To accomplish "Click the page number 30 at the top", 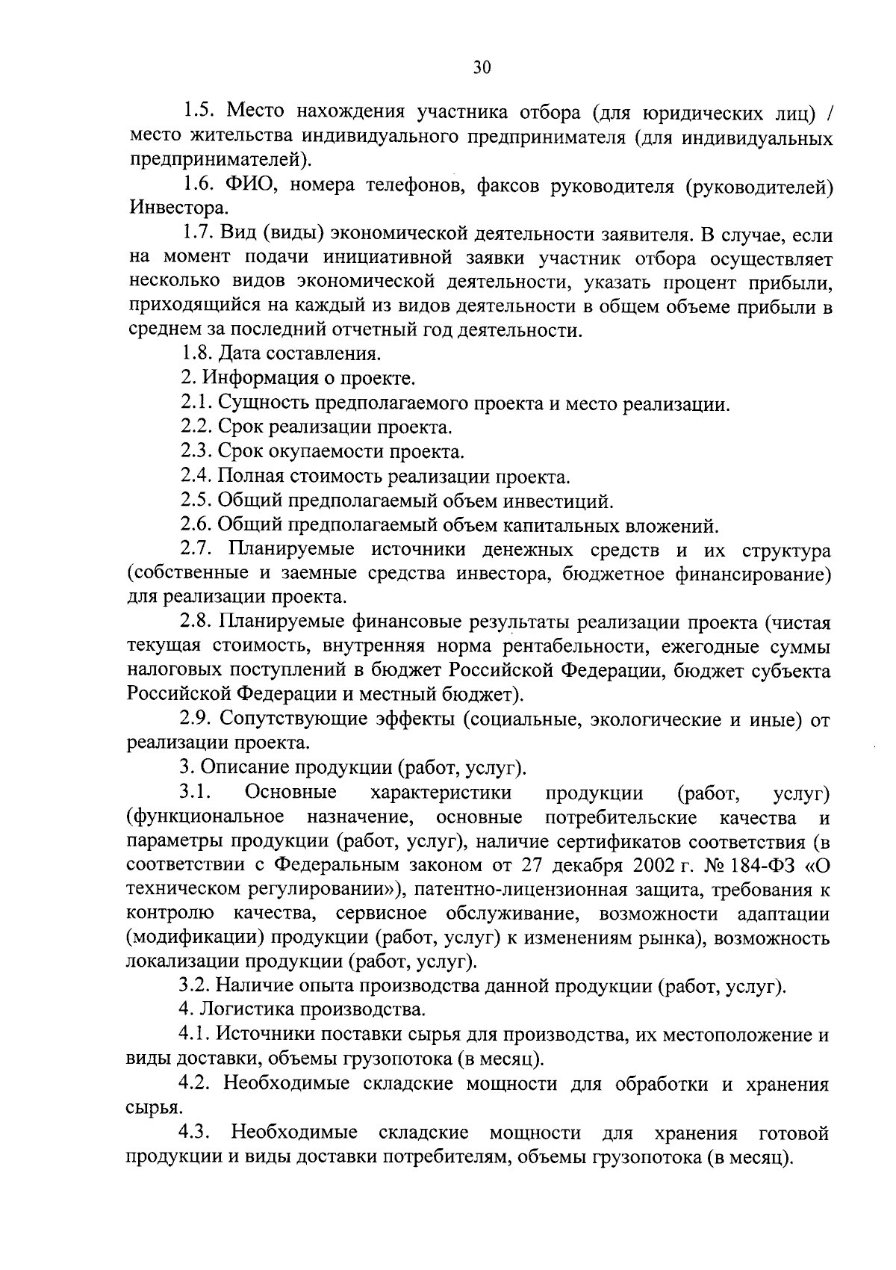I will (x=482, y=68).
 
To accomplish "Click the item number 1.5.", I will (x=198, y=113).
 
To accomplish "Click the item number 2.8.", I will (x=198, y=622).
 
